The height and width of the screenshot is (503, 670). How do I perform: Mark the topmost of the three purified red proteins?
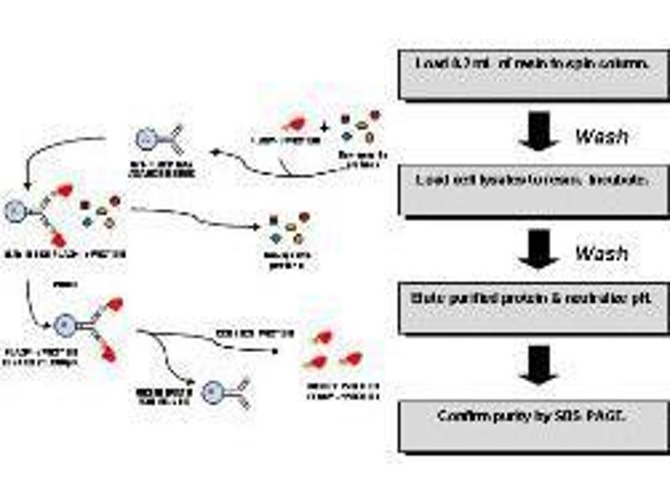coord(322,337)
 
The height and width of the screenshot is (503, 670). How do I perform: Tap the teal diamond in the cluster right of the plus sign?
coord(347,137)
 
